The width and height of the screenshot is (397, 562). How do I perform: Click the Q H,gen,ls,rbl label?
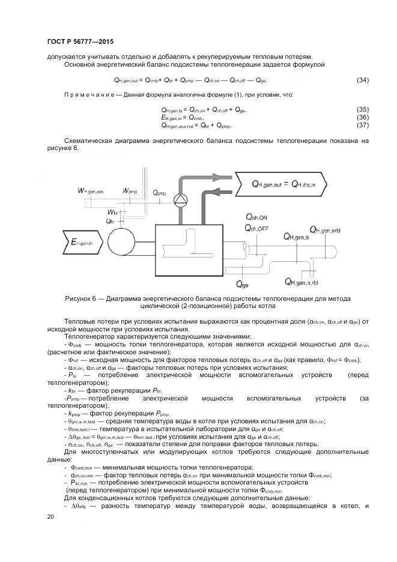pos(307,281)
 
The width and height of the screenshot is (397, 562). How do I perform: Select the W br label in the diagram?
pos(112,213)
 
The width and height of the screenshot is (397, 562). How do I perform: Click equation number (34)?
pos(363,80)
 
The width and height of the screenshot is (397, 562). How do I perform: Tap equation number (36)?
pos(363,117)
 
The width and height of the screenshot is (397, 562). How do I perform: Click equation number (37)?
pos(363,125)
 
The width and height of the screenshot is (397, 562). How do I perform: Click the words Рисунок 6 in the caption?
pos(82,298)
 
